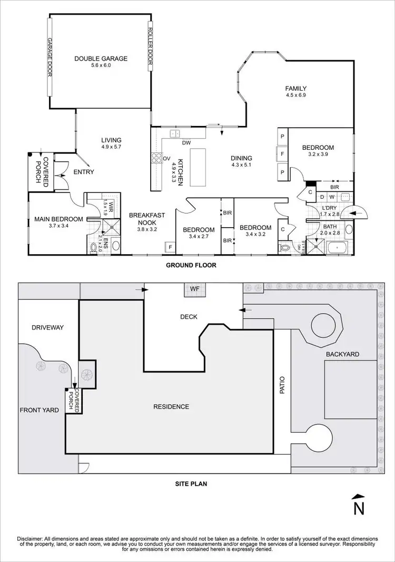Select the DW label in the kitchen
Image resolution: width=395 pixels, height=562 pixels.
pyautogui.click(x=186, y=143)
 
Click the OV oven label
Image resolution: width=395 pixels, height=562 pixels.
pyautogui.click(x=166, y=158)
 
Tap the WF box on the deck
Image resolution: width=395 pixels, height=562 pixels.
pyautogui.click(x=195, y=289)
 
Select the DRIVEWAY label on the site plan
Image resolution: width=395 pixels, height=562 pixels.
pyautogui.click(x=47, y=327)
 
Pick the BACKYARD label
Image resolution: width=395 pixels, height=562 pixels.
pyautogui.click(x=342, y=354)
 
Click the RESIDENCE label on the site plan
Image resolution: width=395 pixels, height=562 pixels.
pyautogui.click(x=171, y=406)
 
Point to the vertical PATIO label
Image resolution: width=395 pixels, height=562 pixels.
pyautogui.click(x=282, y=386)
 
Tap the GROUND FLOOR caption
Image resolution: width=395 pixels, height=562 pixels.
pyautogui.click(x=191, y=265)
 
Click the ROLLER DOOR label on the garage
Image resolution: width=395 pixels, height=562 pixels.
pyautogui.click(x=150, y=47)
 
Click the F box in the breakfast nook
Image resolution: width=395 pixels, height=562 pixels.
pyautogui.click(x=171, y=247)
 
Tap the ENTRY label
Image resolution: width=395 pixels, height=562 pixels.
pyautogui.click(x=84, y=172)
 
